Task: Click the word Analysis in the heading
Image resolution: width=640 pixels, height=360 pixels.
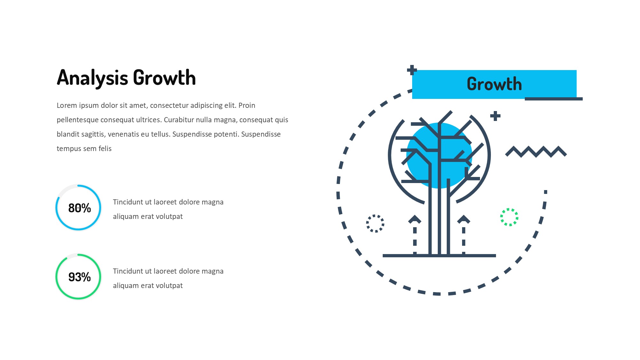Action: click(x=92, y=78)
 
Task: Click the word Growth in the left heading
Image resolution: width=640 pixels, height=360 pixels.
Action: click(x=164, y=77)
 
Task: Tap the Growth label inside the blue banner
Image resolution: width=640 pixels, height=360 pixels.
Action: click(x=494, y=84)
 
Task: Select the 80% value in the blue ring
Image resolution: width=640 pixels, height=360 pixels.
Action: click(x=80, y=208)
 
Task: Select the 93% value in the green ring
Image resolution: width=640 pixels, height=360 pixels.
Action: click(x=80, y=277)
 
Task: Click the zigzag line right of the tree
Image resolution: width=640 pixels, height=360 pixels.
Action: click(x=536, y=152)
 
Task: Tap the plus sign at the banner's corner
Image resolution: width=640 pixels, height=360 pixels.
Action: click(x=412, y=70)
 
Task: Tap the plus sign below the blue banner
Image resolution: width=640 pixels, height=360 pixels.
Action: click(x=495, y=116)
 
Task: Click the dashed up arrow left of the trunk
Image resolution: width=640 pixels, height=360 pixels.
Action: click(x=415, y=235)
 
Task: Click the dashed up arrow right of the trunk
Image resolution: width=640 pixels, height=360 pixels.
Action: click(x=464, y=235)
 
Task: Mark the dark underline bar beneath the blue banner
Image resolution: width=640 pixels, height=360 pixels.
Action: click(x=554, y=99)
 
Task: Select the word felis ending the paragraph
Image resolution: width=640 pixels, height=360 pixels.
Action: click(x=105, y=148)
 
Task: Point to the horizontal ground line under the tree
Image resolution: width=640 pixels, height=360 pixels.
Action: click(x=439, y=256)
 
